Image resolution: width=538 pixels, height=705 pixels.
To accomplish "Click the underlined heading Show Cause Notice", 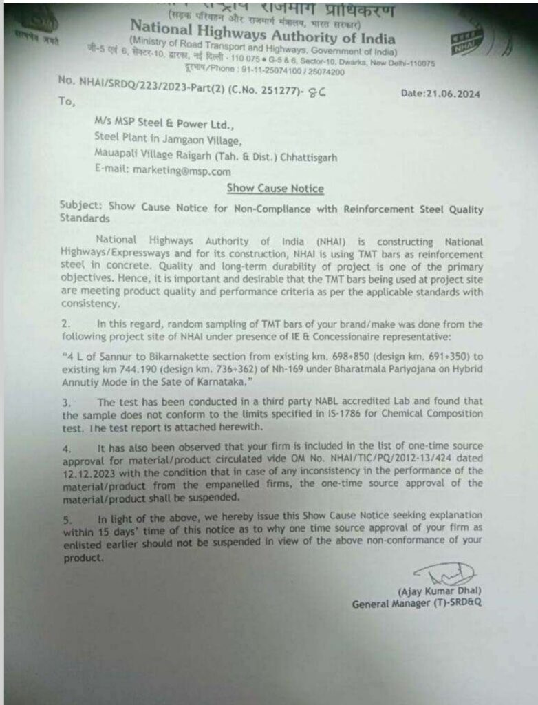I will (x=276, y=188).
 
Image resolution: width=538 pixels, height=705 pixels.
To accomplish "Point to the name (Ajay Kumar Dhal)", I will (x=439, y=591).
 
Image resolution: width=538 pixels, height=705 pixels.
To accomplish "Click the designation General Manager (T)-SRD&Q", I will (x=417, y=604).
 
